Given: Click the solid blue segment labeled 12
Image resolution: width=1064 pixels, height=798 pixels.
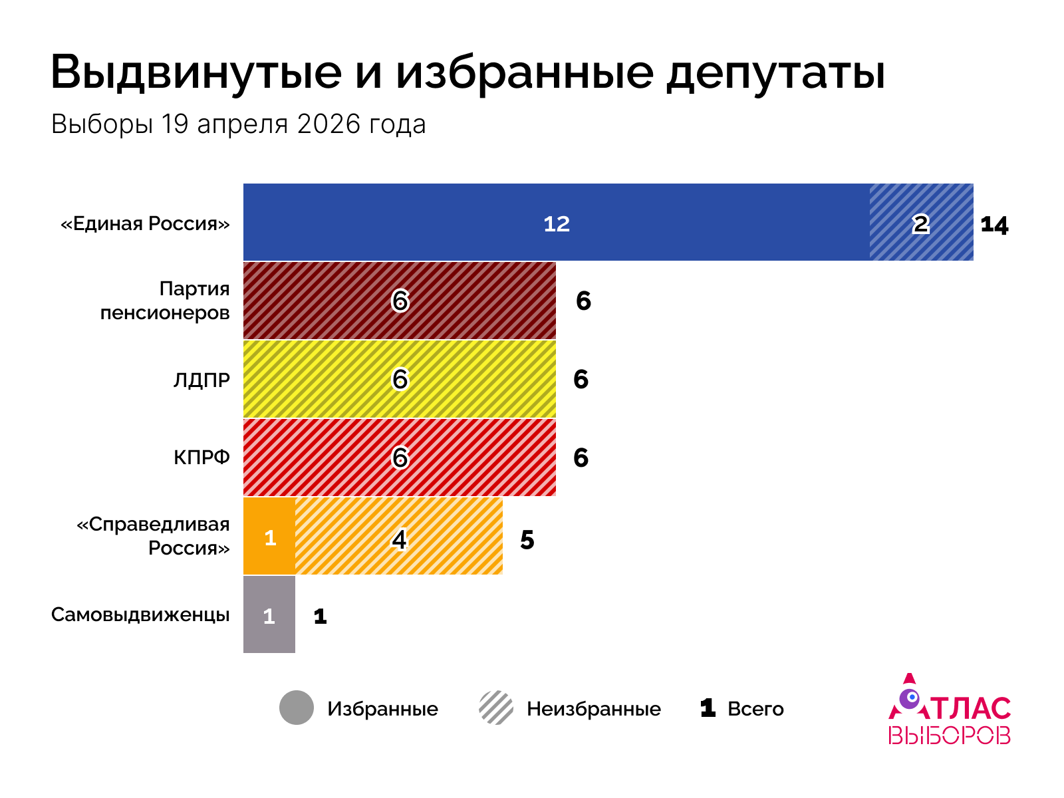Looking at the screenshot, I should pos(556,222).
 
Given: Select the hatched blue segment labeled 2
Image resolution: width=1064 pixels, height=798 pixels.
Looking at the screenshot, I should pos(921,222).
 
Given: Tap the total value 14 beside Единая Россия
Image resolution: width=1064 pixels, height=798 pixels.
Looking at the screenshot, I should pos(994,225).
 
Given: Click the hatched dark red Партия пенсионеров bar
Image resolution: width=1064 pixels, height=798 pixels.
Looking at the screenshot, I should pos(399,301).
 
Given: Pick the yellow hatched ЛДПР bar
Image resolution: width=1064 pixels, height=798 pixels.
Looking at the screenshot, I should pos(399,379).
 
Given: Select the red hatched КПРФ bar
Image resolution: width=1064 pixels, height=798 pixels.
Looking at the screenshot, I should pos(399,458).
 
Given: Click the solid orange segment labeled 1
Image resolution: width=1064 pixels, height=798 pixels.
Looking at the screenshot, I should pos(269,536).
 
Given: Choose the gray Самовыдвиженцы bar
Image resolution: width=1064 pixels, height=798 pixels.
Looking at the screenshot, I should pos(269,614).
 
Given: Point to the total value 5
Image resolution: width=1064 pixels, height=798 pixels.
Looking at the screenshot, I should pos(527,540).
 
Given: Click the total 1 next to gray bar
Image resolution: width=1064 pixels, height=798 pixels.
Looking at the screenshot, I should pos(320,616).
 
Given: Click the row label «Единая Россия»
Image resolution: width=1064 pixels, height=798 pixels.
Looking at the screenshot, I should pos(145,223).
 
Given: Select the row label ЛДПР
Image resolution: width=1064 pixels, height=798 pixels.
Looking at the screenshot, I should pos(201,380).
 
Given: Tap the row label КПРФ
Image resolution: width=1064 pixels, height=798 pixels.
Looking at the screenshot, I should pos(201,458).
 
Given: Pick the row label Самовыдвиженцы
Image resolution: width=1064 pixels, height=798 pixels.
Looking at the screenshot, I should pos(140,614).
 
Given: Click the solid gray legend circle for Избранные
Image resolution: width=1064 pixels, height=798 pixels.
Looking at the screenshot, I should pos(297,708).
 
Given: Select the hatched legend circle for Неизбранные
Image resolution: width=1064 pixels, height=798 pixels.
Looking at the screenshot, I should pos(496,708).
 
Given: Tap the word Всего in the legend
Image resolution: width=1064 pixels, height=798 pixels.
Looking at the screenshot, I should pos(755,709).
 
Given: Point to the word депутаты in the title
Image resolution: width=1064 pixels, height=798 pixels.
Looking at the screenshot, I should pos(775,72).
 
